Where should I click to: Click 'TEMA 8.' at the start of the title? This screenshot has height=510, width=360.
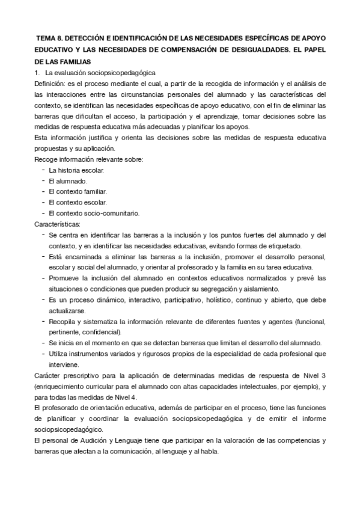50,37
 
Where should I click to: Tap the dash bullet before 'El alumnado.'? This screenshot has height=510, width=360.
43,181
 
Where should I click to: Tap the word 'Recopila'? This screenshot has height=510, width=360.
63,321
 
